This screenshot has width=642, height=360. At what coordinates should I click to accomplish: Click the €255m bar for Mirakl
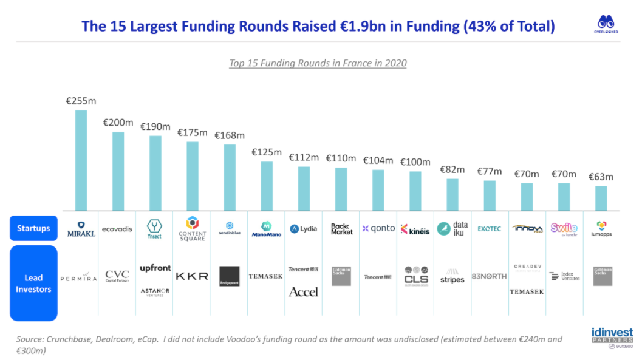(81, 160)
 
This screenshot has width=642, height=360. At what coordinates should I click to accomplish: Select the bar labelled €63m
(601, 198)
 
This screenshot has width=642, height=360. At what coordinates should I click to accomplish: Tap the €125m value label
(267, 152)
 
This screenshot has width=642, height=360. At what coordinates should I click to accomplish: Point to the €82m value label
(452, 169)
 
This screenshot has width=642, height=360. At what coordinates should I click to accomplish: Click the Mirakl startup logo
(81, 229)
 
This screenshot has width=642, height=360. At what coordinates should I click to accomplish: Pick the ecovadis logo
(117, 229)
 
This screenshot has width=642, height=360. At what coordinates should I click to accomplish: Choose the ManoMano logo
(267, 229)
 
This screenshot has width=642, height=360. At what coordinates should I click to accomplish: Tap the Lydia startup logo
(304, 229)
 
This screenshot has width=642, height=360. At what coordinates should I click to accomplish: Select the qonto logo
(378, 229)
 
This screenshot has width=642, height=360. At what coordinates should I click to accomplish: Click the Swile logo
(564, 228)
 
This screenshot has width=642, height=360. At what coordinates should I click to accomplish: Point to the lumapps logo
(601, 229)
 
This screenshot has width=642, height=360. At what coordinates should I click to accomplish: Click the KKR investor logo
(192, 276)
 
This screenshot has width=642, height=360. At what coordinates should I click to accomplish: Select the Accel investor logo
(304, 292)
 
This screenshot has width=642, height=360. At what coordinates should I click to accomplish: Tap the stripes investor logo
(452, 276)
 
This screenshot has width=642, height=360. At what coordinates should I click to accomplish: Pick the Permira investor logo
(79, 277)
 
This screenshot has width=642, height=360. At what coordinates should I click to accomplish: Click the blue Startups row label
(33, 229)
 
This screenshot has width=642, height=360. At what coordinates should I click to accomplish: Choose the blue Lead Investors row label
(33, 284)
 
